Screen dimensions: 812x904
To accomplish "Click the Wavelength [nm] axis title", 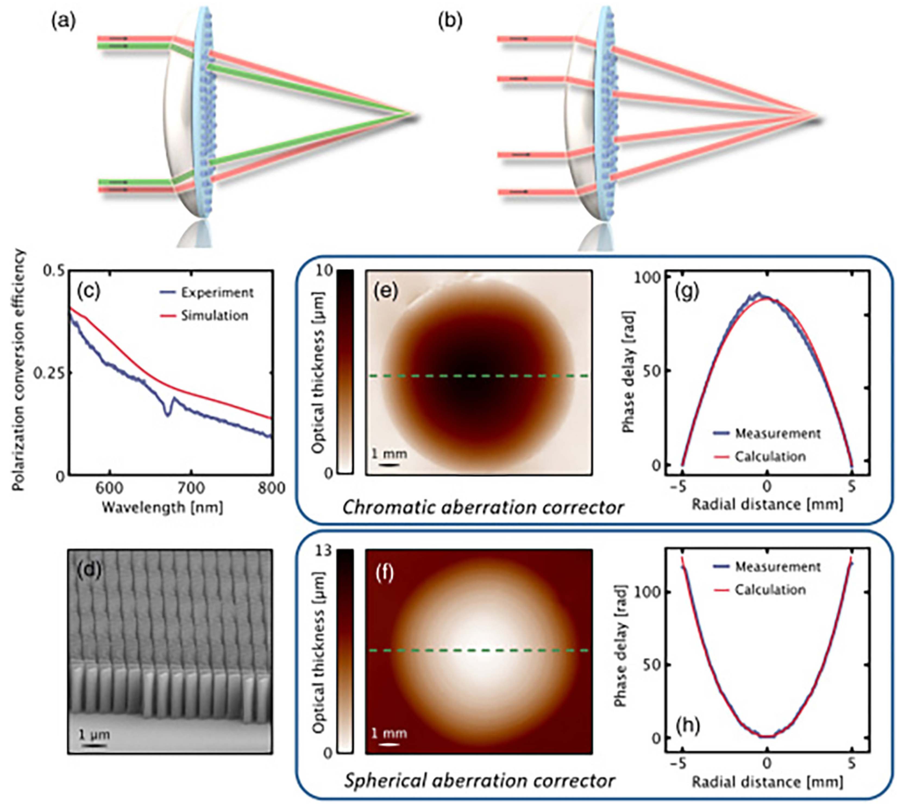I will click(162, 508).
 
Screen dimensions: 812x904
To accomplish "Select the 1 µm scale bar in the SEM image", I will click(93, 745).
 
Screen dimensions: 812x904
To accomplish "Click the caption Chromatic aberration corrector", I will click(483, 508).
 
